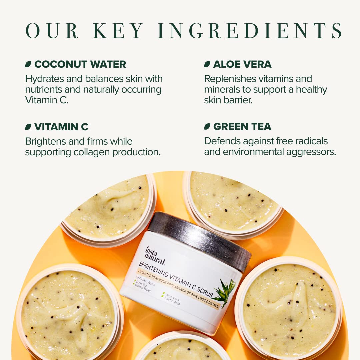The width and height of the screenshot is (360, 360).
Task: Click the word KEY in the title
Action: (118, 30)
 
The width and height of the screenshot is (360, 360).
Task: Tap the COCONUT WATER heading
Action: (80, 64)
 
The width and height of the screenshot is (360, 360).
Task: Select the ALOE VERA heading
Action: (242, 64)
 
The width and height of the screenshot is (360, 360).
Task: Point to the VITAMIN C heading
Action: (61, 127)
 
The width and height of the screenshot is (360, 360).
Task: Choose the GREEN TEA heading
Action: (242, 127)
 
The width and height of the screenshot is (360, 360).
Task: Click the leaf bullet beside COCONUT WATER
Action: (28, 64)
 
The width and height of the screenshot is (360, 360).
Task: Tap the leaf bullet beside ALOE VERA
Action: (207, 64)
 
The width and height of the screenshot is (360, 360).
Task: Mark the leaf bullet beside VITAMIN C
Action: (28, 127)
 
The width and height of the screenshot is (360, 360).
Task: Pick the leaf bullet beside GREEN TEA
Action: (207, 127)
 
